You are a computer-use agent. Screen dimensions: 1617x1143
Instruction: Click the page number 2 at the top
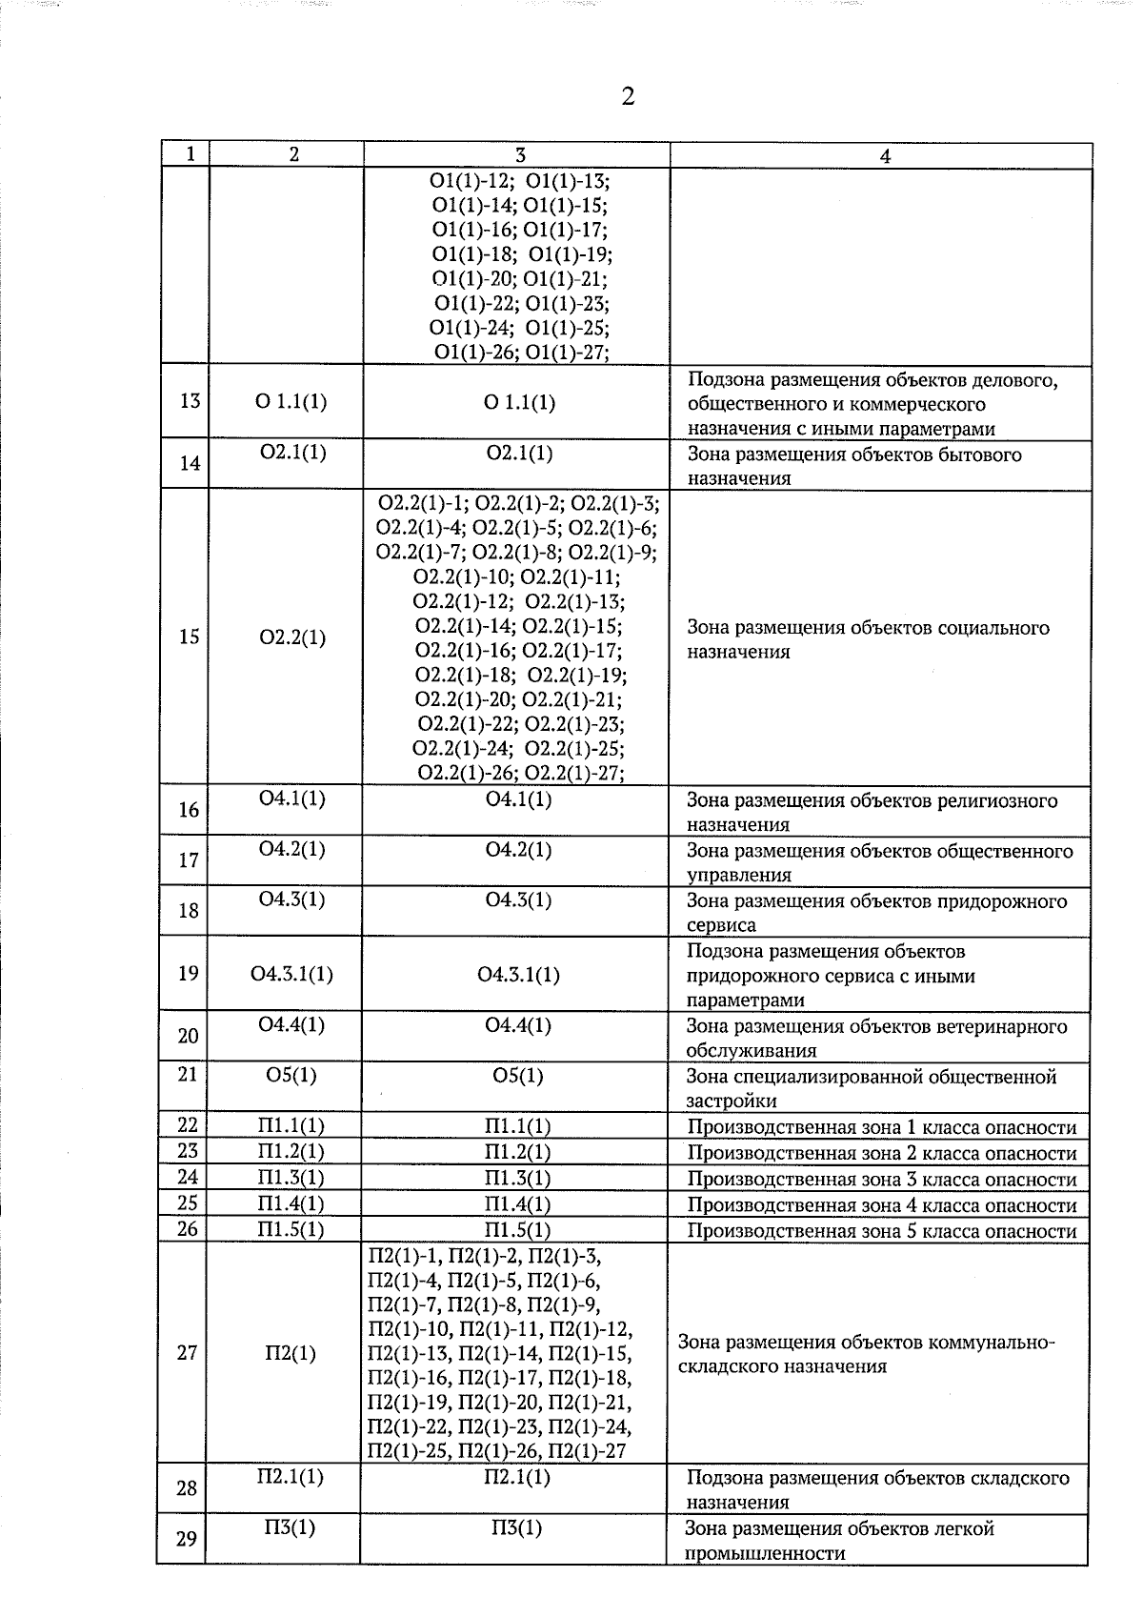[627, 97]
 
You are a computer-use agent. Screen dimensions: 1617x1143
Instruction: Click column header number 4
[885, 156]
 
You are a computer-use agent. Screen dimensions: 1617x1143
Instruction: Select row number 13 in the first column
[190, 400]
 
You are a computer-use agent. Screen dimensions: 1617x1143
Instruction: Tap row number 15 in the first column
[190, 637]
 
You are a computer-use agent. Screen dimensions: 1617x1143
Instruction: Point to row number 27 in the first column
[188, 1352]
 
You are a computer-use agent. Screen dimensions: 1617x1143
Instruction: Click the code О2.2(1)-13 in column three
[575, 601]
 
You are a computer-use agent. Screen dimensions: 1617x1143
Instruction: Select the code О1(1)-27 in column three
[568, 353]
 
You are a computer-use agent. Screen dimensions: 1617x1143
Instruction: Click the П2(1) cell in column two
[291, 1353]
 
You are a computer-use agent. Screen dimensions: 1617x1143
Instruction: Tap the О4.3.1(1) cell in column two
[291, 974]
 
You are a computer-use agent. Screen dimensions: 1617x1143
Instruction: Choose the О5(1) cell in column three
[518, 1076]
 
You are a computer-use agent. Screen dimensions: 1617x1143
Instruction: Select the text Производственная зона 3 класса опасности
[882, 1179]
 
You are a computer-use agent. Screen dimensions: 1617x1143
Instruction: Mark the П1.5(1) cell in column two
[291, 1230]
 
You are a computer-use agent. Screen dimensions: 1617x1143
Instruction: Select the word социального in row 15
[994, 628]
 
